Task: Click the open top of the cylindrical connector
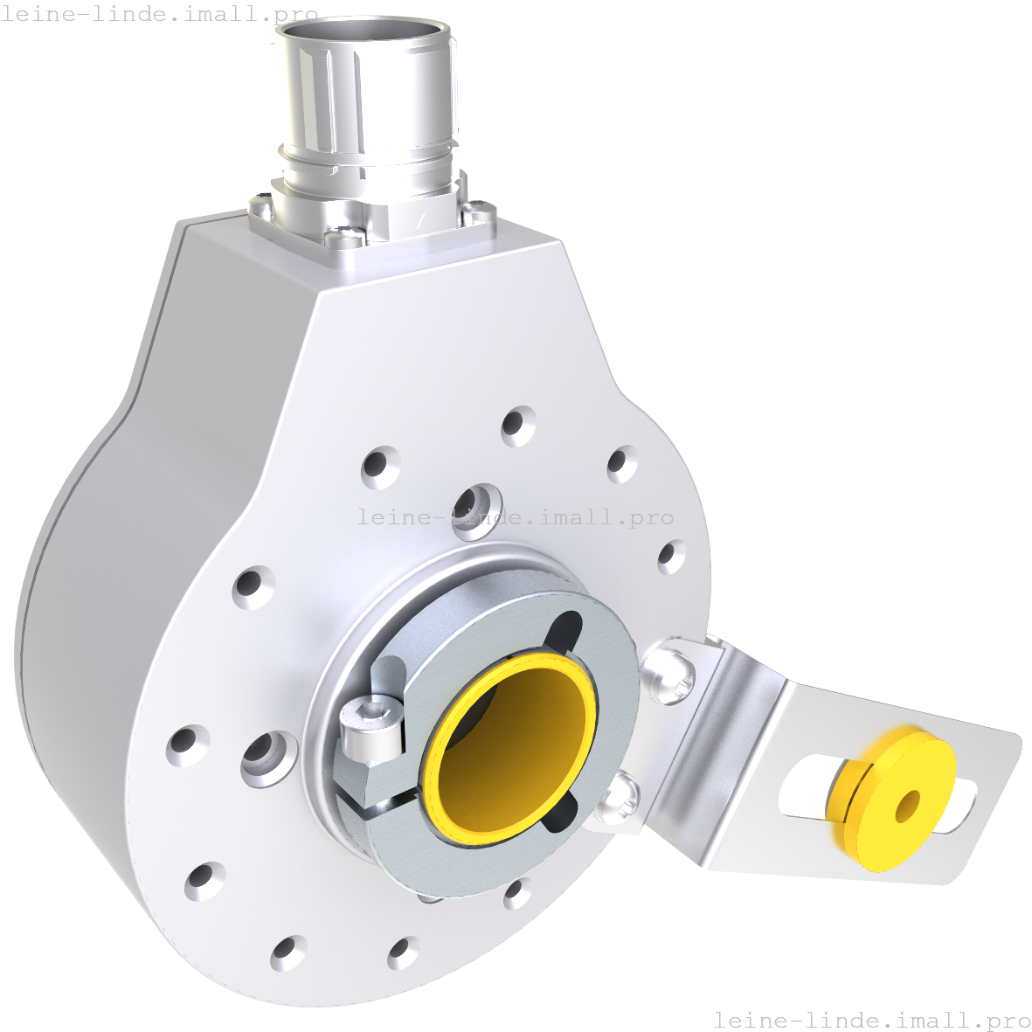coord(364,32)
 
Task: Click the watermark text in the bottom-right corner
coord(871,1020)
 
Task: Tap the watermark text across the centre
coord(516,517)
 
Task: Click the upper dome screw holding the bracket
coord(668,671)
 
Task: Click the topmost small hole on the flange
coord(518,426)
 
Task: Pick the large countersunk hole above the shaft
coord(476,505)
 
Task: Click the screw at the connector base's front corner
coord(345,235)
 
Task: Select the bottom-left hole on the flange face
coord(204,881)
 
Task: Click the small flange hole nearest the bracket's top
coord(671,556)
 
